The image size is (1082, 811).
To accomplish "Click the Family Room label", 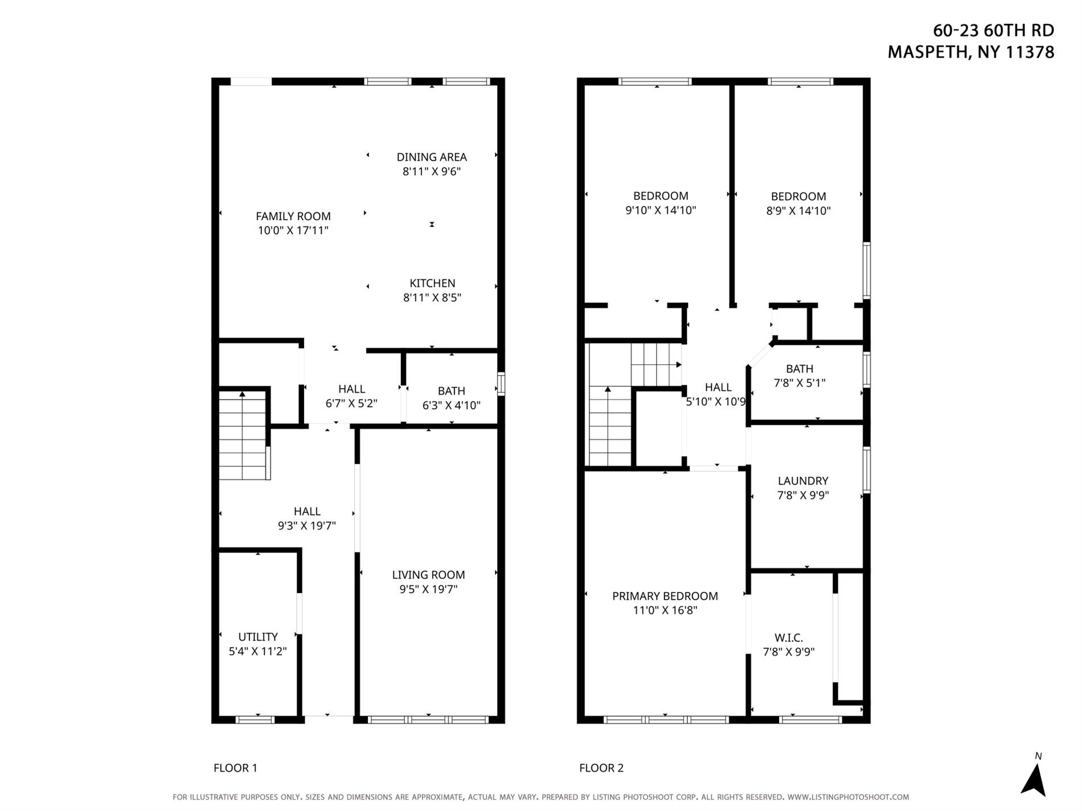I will (293, 216).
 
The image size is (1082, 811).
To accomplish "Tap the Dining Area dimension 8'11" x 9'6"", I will (431, 171).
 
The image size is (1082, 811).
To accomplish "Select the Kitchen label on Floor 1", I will (432, 283).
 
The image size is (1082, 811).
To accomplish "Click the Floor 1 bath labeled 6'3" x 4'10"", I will (451, 398).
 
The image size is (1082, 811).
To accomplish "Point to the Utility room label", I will (258, 637).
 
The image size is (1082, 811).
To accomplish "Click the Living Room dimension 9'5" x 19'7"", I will (428, 589).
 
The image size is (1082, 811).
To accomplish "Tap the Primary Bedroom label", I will (665, 596).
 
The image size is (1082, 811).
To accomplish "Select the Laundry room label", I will (802, 481).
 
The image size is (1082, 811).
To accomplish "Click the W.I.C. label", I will (789, 638).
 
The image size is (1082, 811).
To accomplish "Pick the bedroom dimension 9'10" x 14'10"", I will (661, 210).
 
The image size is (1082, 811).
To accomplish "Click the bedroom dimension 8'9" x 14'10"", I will (798, 211).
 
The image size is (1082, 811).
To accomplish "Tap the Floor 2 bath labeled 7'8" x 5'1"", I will (799, 376).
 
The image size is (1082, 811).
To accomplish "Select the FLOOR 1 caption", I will (235, 768).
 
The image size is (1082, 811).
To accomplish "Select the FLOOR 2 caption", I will (601, 768).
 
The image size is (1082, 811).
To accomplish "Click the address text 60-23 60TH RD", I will (993, 30).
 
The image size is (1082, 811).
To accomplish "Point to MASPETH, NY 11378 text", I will (970, 52).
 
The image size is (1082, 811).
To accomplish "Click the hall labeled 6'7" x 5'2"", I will (351, 396).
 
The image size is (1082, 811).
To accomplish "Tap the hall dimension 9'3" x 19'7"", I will (306, 526).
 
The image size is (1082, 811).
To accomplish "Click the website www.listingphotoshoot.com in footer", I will (848, 797).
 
